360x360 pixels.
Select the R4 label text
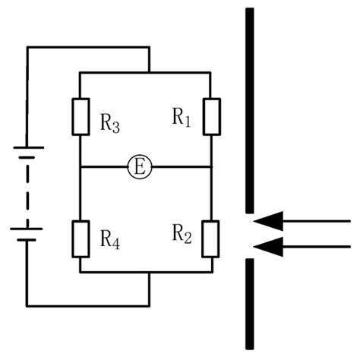[x=111, y=242]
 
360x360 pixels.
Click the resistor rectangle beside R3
[x=80, y=117]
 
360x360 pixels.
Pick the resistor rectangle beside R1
[x=212, y=116]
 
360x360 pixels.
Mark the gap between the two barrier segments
[x=248, y=235]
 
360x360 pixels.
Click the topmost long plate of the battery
[x=27, y=147]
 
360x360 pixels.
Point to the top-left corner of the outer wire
[x=27, y=47]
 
